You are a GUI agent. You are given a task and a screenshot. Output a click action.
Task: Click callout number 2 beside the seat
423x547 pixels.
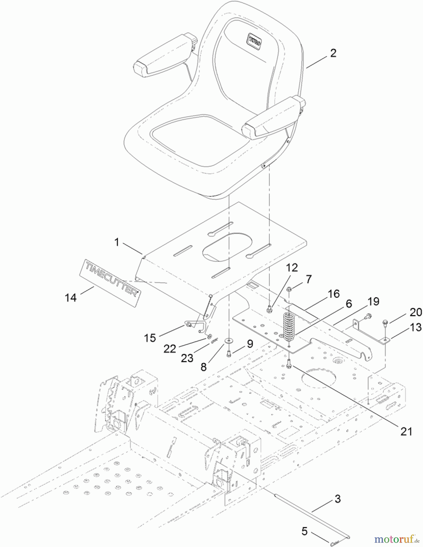333,53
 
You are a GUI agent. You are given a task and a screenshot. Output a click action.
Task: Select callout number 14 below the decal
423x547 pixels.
71,298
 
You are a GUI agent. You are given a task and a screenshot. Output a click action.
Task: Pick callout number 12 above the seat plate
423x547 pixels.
292,268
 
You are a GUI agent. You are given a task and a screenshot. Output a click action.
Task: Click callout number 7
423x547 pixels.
309,279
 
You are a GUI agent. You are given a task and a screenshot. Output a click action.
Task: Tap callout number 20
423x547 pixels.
416,312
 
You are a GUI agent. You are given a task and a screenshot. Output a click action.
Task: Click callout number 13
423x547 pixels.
416,327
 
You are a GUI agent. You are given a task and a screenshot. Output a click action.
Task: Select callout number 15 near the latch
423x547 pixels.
150,338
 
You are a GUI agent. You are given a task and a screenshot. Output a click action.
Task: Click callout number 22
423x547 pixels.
170,349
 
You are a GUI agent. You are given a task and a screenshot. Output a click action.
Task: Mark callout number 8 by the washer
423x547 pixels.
203,367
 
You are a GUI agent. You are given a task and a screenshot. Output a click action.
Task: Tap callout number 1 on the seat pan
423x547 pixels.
116,242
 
